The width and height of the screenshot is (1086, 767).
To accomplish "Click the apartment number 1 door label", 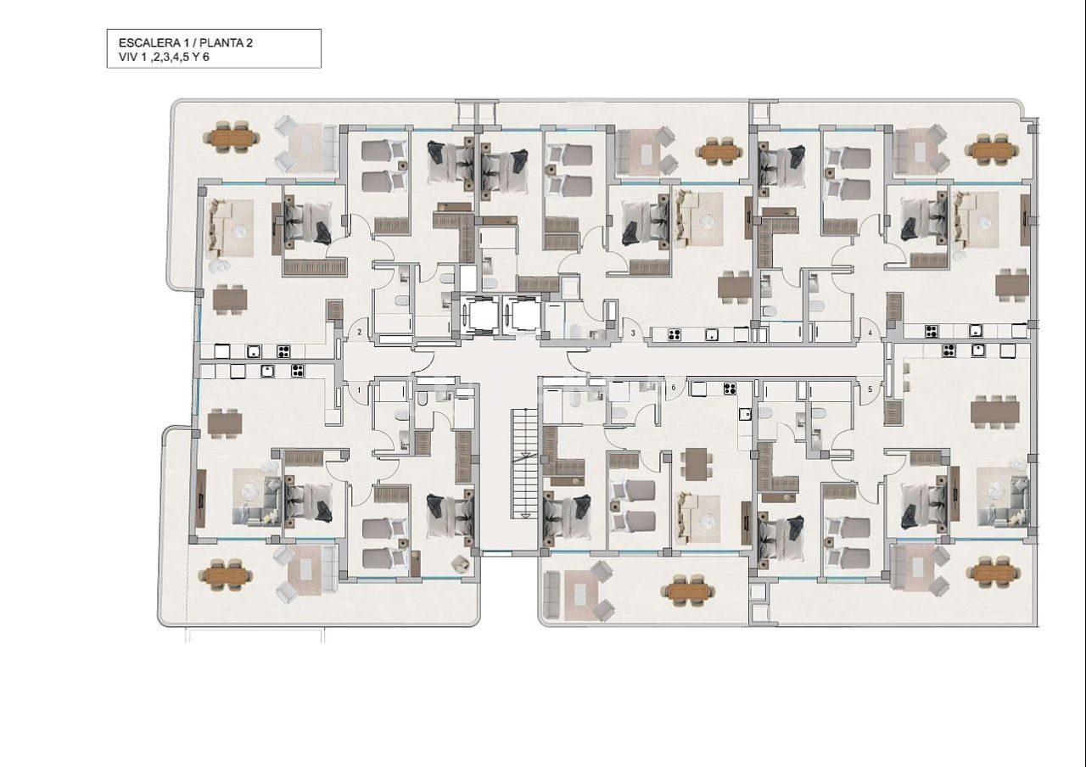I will [360, 390].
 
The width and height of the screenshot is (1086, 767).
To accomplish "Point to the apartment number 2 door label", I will [360, 333].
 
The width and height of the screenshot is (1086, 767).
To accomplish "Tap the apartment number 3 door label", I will [633, 333].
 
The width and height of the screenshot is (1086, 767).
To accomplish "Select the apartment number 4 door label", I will [870, 333].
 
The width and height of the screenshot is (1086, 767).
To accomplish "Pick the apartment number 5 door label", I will [870, 389].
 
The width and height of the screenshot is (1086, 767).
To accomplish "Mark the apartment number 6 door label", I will [674, 388].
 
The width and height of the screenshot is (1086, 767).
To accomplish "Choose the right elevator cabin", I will [522, 316].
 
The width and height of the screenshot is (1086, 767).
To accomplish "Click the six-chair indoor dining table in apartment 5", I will [995, 411].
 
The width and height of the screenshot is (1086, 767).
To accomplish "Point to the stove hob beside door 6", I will [729, 389].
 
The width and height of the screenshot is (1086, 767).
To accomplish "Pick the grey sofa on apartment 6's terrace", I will [551, 594].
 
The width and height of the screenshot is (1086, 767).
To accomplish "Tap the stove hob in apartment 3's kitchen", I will [676, 333].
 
